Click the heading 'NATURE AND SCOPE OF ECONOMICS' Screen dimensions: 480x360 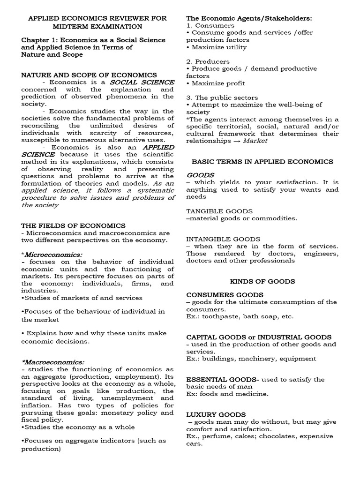click(89, 75)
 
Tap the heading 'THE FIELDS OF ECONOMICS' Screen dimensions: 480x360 click(73, 226)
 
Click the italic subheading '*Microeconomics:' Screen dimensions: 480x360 click(53, 255)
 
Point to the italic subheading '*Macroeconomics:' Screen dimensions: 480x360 click(53, 362)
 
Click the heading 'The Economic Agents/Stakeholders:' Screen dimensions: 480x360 click(249, 18)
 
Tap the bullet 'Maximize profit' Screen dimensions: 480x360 click(217, 83)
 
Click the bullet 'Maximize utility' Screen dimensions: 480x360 click(218, 47)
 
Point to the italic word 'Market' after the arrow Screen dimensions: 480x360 click(256, 141)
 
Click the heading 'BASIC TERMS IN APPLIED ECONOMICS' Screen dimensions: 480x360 click(262, 162)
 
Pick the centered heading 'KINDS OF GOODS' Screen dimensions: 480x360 click(262, 281)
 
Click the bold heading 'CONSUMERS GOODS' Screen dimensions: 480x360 click(218, 295)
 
